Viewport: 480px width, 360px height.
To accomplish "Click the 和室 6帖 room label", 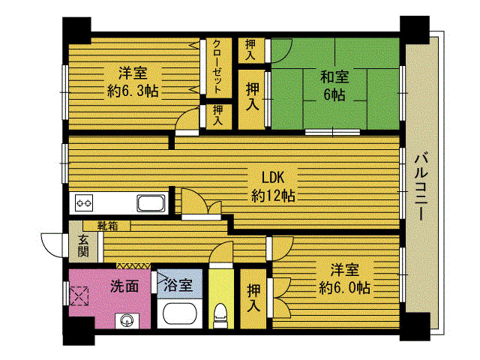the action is point(334,85).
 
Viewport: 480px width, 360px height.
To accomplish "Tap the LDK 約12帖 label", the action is point(273,187).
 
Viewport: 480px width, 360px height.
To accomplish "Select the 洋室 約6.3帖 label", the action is point(133,82).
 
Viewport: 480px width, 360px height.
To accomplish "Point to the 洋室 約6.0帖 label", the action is point(345,279).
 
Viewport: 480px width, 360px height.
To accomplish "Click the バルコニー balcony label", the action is point(421,186).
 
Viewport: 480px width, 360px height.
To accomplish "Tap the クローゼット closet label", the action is point(217,67).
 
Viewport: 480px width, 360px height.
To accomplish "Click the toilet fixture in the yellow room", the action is point(220,314).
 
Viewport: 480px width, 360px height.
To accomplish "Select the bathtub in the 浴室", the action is point(180,313).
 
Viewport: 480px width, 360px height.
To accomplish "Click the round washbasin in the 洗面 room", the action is point(127,321).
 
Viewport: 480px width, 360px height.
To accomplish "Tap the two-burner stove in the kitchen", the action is point(84,203).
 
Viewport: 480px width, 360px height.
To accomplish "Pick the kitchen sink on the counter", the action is point(151,203).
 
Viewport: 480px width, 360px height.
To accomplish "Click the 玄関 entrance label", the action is point(83,246).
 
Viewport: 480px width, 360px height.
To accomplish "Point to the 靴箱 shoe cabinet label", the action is point(107,226).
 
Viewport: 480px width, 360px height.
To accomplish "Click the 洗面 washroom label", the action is point(124,286).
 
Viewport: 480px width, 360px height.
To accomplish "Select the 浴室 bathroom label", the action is point(178,285).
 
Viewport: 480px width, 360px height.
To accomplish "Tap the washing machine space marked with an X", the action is point(79,296).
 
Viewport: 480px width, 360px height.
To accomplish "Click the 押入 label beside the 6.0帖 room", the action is point(253,298).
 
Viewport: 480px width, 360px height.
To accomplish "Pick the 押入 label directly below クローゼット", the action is point(218,115).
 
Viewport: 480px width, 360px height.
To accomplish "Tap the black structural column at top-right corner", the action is point(415,29).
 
